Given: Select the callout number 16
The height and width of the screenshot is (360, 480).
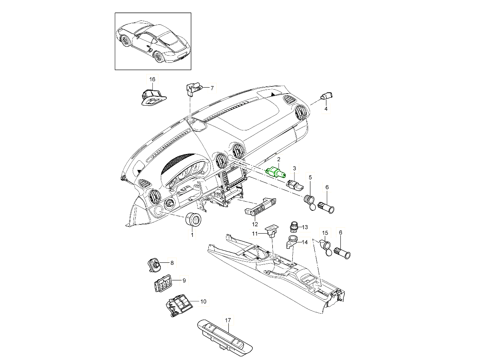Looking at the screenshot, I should (x=152, y=79).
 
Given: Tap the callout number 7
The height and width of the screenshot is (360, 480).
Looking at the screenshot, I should (x=212, y=88).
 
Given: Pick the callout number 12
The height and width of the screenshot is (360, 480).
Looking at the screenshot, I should (x=255, y=224).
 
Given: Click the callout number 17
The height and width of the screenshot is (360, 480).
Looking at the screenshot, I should (x=228, y=320).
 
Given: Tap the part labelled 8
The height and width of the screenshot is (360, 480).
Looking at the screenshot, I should (x=154, y=264).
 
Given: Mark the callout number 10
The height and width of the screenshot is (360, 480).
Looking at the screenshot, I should (x=203, y=301).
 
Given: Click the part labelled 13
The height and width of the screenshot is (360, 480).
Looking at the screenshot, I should (x=294, y=226).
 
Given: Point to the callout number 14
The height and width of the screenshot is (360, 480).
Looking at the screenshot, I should (x=304, y=242).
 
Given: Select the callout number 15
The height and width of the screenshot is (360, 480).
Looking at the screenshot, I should (x=325, y=232).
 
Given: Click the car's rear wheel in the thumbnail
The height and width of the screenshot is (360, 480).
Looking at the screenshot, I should (x=160, y=58).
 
